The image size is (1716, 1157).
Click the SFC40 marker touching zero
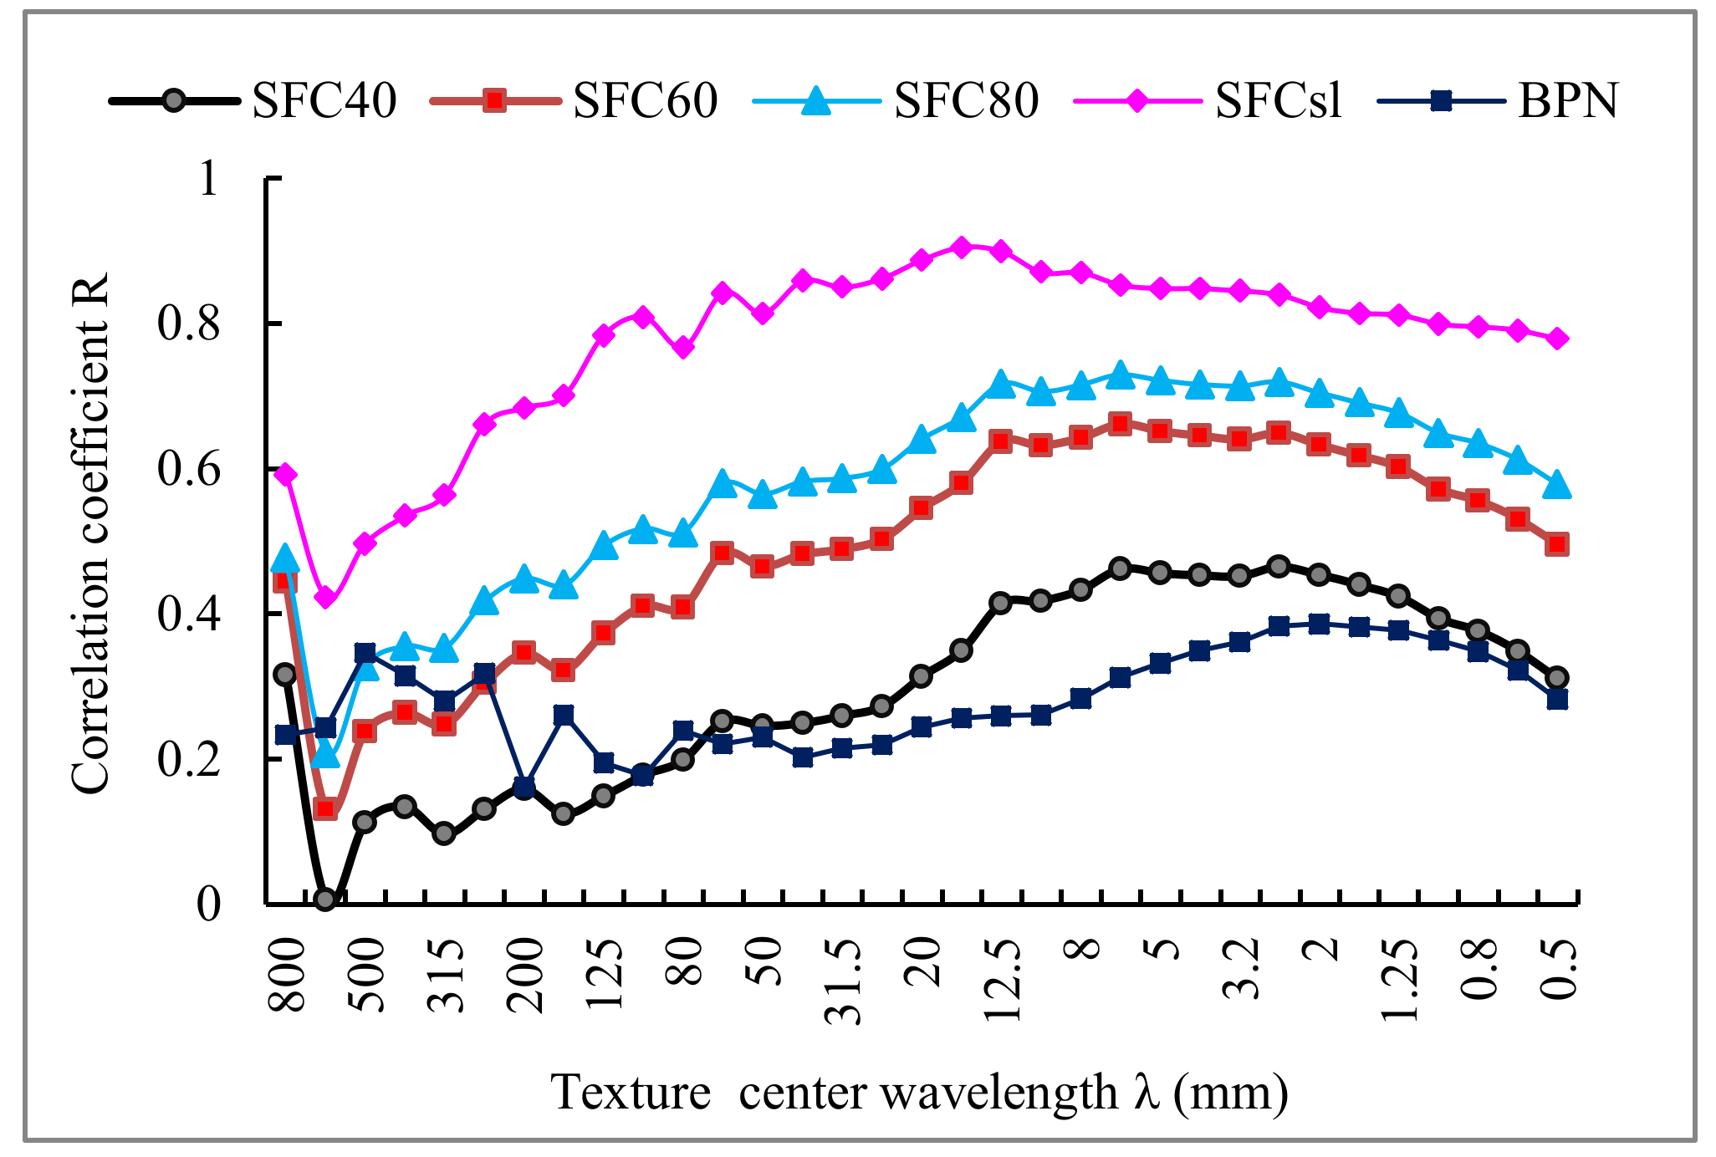325,900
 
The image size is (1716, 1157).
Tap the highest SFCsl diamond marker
962,247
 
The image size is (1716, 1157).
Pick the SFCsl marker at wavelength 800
286,474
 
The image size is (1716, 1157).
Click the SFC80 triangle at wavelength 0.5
1557,485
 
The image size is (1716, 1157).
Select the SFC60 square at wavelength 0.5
1557,544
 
